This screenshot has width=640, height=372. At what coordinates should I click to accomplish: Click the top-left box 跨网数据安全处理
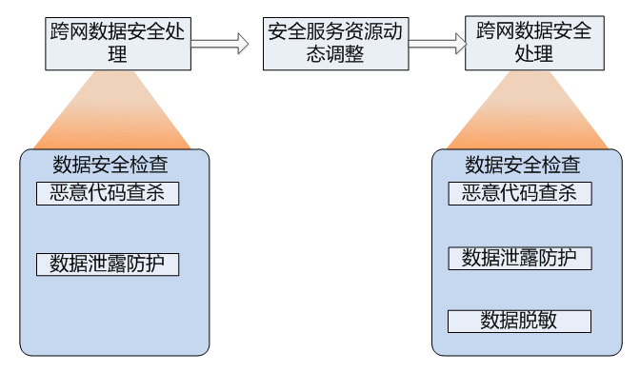coord(119,44)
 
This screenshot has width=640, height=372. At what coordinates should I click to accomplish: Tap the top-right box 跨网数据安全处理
coord(534,44)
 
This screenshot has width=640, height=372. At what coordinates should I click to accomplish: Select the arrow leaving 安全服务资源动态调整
coord(437,44)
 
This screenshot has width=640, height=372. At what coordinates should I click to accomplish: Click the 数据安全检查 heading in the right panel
coord(523,164)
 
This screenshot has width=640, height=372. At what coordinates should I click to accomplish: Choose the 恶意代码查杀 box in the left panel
coord(108,193)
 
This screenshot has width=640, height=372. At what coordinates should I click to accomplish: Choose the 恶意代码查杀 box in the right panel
coord(520,193)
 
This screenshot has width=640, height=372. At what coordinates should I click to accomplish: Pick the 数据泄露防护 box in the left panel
coord(108,264)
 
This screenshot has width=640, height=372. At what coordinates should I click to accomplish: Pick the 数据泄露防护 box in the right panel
coord(520,258)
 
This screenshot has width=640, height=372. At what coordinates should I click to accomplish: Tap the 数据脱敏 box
coord(520,320)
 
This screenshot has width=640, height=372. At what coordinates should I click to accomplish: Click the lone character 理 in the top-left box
coord(119,55)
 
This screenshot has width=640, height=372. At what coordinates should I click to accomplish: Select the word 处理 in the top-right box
coord(534,55)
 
